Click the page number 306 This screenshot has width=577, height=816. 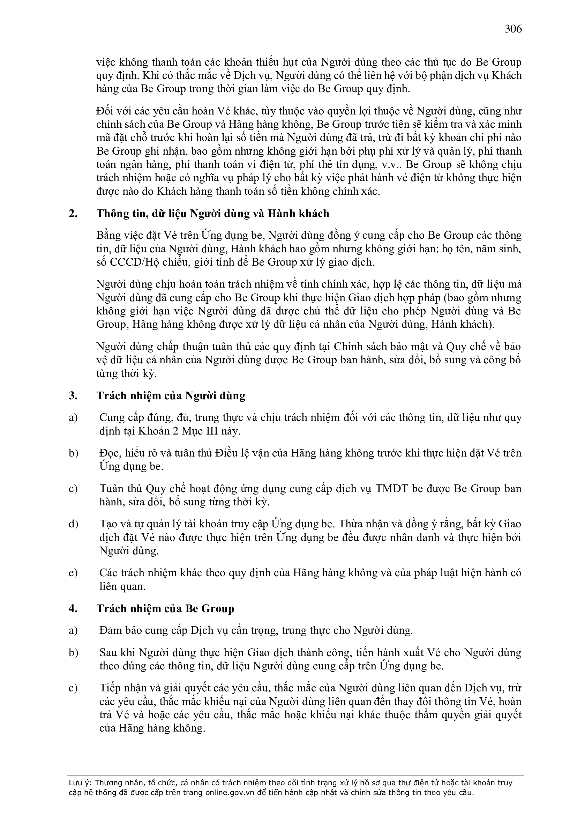pyautogui.click(x=513, y=29)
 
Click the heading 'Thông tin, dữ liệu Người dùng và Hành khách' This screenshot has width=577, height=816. pyautogui.click(x=213, y=214)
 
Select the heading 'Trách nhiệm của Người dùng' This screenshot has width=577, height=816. pyautogui.click(x=171, y=395)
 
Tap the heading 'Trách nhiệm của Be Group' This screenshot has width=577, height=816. pyautogui.click(x=165, y=608)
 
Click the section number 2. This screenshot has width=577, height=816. pyautogui.click(x=73, y=214)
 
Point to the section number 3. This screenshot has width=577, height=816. pyautogui.click(x=73, y=395)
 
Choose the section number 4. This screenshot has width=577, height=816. pyautogui.click(x=73, y=608)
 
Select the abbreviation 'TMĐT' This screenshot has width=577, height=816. pyautogui.click(x=391, y=489)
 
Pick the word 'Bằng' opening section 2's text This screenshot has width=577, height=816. pyautogui.click(x=109, y=236)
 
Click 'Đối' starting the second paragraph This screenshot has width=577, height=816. pyautogui.click(x=105, y=111)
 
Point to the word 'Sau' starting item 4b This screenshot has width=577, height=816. pyautogui.click(x=108, y=653)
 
